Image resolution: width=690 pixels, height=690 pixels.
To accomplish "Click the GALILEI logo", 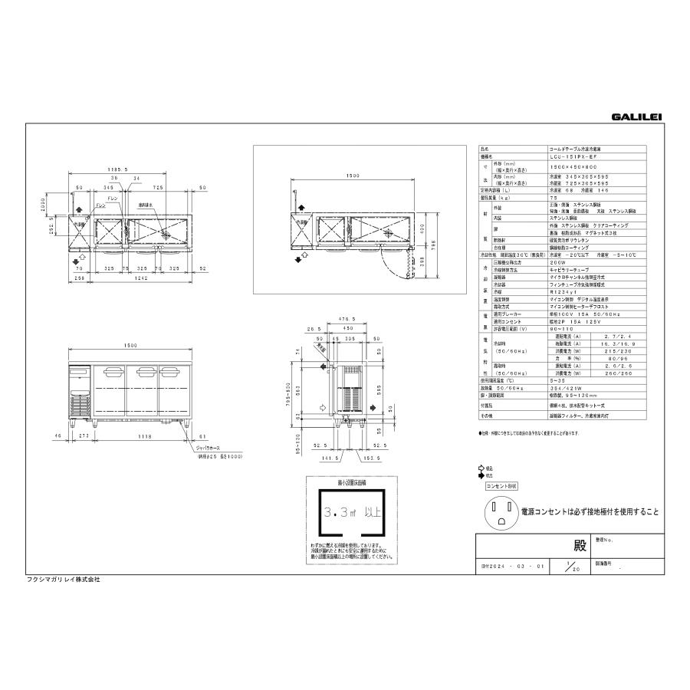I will click(x=636, y=117).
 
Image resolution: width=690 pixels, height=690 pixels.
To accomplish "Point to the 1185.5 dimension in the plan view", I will click(x=117, y=171).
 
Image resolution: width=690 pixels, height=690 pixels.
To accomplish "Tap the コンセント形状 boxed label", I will click(x=501, y=486).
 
